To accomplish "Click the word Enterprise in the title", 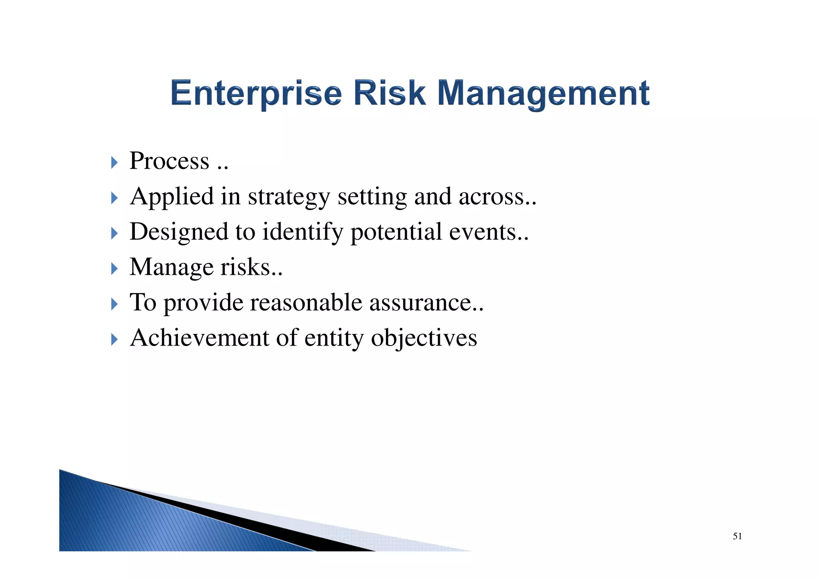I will coord(256,93).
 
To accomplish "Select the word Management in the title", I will coord(543,93).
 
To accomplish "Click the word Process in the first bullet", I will coord(170,161).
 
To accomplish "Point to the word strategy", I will coord(289,197).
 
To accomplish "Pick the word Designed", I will coord(179,232).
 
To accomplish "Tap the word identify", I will coord(302,232).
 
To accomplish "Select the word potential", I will coord(396,232).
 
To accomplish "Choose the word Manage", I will coord(172,267).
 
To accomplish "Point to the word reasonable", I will coord(306,302).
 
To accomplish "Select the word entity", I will coord(334,338).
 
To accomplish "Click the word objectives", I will coord(424,338).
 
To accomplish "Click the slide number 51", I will coord(737,536).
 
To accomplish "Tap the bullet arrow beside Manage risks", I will coord(114,269).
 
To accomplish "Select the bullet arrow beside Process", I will coord(114,163).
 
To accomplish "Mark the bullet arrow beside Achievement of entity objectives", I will coord(114,340).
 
